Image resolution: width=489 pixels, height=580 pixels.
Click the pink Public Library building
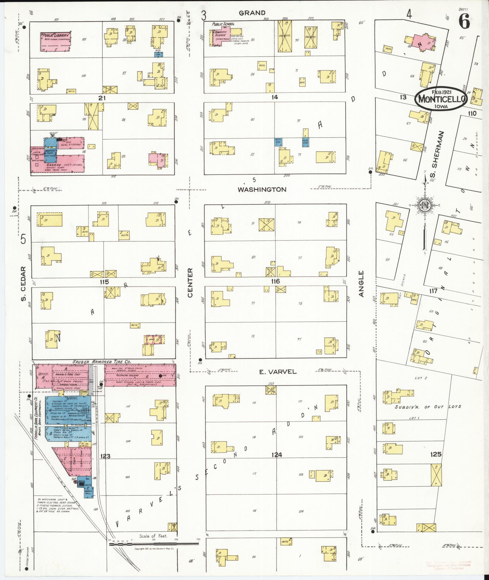tap(56, 42)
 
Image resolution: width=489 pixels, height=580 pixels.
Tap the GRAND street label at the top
tap(252, 13)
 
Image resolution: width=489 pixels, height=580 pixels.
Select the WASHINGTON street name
tap(262, 189)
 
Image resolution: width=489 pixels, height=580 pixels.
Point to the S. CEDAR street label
tap(23, 284)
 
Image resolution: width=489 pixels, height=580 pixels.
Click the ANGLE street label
tap(361, 284)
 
